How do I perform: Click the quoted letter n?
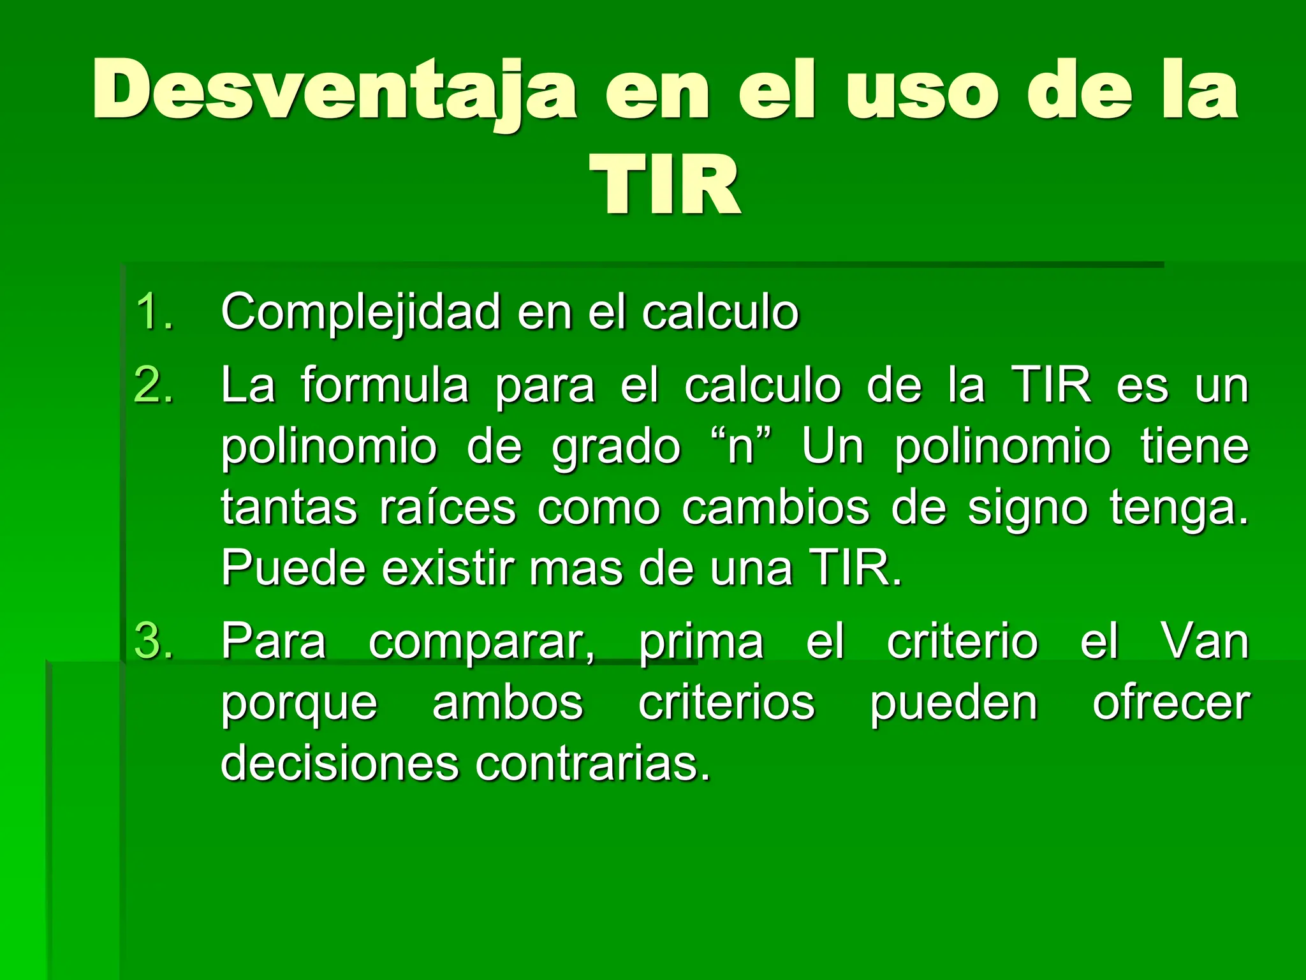pyautogui.click(x=741, y=447)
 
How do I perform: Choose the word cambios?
pyautogui.click(x=775, y=508)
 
